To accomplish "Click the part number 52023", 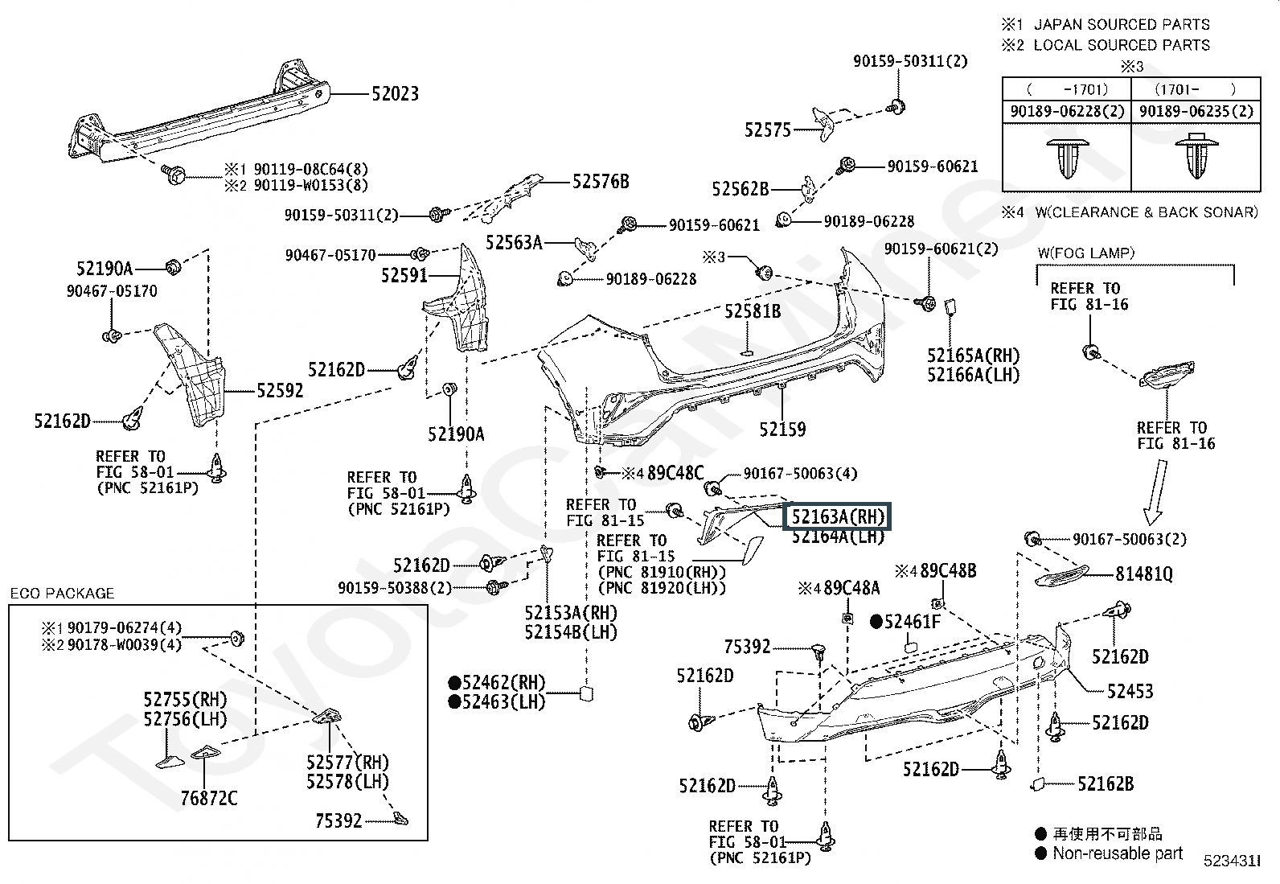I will pos(395,94).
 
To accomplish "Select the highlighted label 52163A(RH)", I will pos(838,516).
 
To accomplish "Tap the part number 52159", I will pos(782,430).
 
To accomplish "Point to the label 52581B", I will pos(752,311).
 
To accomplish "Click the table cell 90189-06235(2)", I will pos(1196,112).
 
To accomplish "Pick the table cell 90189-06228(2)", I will pos(1067,112).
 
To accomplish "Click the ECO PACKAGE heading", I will pos(62,594).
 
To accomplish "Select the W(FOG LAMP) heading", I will pos(1085,253).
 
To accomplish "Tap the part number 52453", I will pos(1130,691).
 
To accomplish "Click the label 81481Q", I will pos(1143,574).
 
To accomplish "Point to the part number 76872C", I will pos(209,798).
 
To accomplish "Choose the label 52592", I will pos(280,391).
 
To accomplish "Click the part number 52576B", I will pos(601,182).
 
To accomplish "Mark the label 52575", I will pos(768,130).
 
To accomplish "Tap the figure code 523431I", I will pos(1230,861).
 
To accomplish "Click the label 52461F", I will pos(911,621).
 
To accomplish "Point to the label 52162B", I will pos(1105,783).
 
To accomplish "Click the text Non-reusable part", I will pos(1118,853).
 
